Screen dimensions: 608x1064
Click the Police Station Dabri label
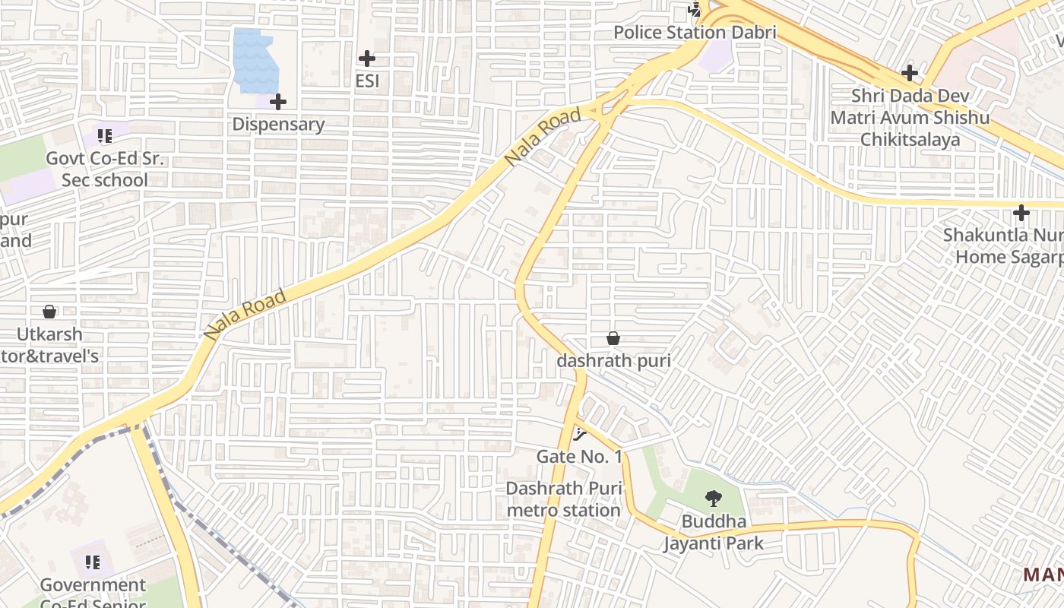(695, 33)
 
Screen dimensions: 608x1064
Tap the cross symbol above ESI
(367, 59)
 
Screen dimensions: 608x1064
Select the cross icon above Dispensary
(278, 102)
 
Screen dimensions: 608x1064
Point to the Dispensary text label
(278, 124)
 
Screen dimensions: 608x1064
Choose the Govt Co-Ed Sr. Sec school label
(105, 169)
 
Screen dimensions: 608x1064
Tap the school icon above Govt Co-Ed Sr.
(105, 137)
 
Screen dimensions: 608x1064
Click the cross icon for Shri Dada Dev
(910, 74)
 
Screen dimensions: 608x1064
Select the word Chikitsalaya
(910, 140)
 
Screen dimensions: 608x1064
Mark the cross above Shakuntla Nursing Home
(1021, 213)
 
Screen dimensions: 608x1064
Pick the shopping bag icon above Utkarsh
(49, 312)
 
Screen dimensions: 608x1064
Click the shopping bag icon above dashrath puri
(613, 338)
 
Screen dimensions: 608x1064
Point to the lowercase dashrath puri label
(613, 360)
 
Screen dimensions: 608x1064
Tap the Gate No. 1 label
(579, 457)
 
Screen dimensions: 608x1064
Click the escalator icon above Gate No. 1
(580, 435)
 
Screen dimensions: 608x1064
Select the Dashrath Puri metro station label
(564, 499)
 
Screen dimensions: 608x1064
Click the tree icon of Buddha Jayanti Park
(713, 499)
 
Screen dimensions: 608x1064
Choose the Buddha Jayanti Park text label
(713, 533)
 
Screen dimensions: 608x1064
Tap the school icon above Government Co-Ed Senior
(93, 562)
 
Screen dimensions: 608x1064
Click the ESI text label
(367, 81)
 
